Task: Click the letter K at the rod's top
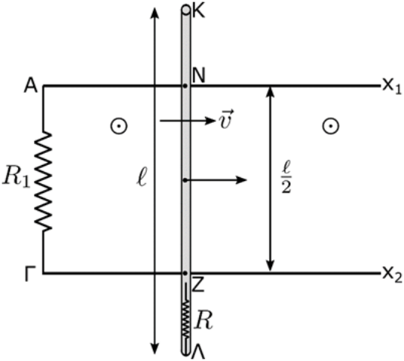coord(199,11)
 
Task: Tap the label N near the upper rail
coord(198,76)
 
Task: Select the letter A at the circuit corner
coord(31,86)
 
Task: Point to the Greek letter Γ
coord(30,274)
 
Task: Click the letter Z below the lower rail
coord(198,286)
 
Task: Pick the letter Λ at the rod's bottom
coord(198,352)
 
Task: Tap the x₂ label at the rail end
coord(392,274)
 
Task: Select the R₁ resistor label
coord(16,178)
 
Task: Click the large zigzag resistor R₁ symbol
coord(43,181)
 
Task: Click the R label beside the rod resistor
coord(204,322)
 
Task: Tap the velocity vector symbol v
coord(226,119)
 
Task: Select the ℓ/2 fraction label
coord(286,177)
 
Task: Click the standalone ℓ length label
coord(142,178)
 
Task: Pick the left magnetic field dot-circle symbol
coord(119,126)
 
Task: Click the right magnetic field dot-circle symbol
coord(331,126)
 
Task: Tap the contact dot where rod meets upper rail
coord(185,86)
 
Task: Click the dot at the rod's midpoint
coord(185,180)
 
